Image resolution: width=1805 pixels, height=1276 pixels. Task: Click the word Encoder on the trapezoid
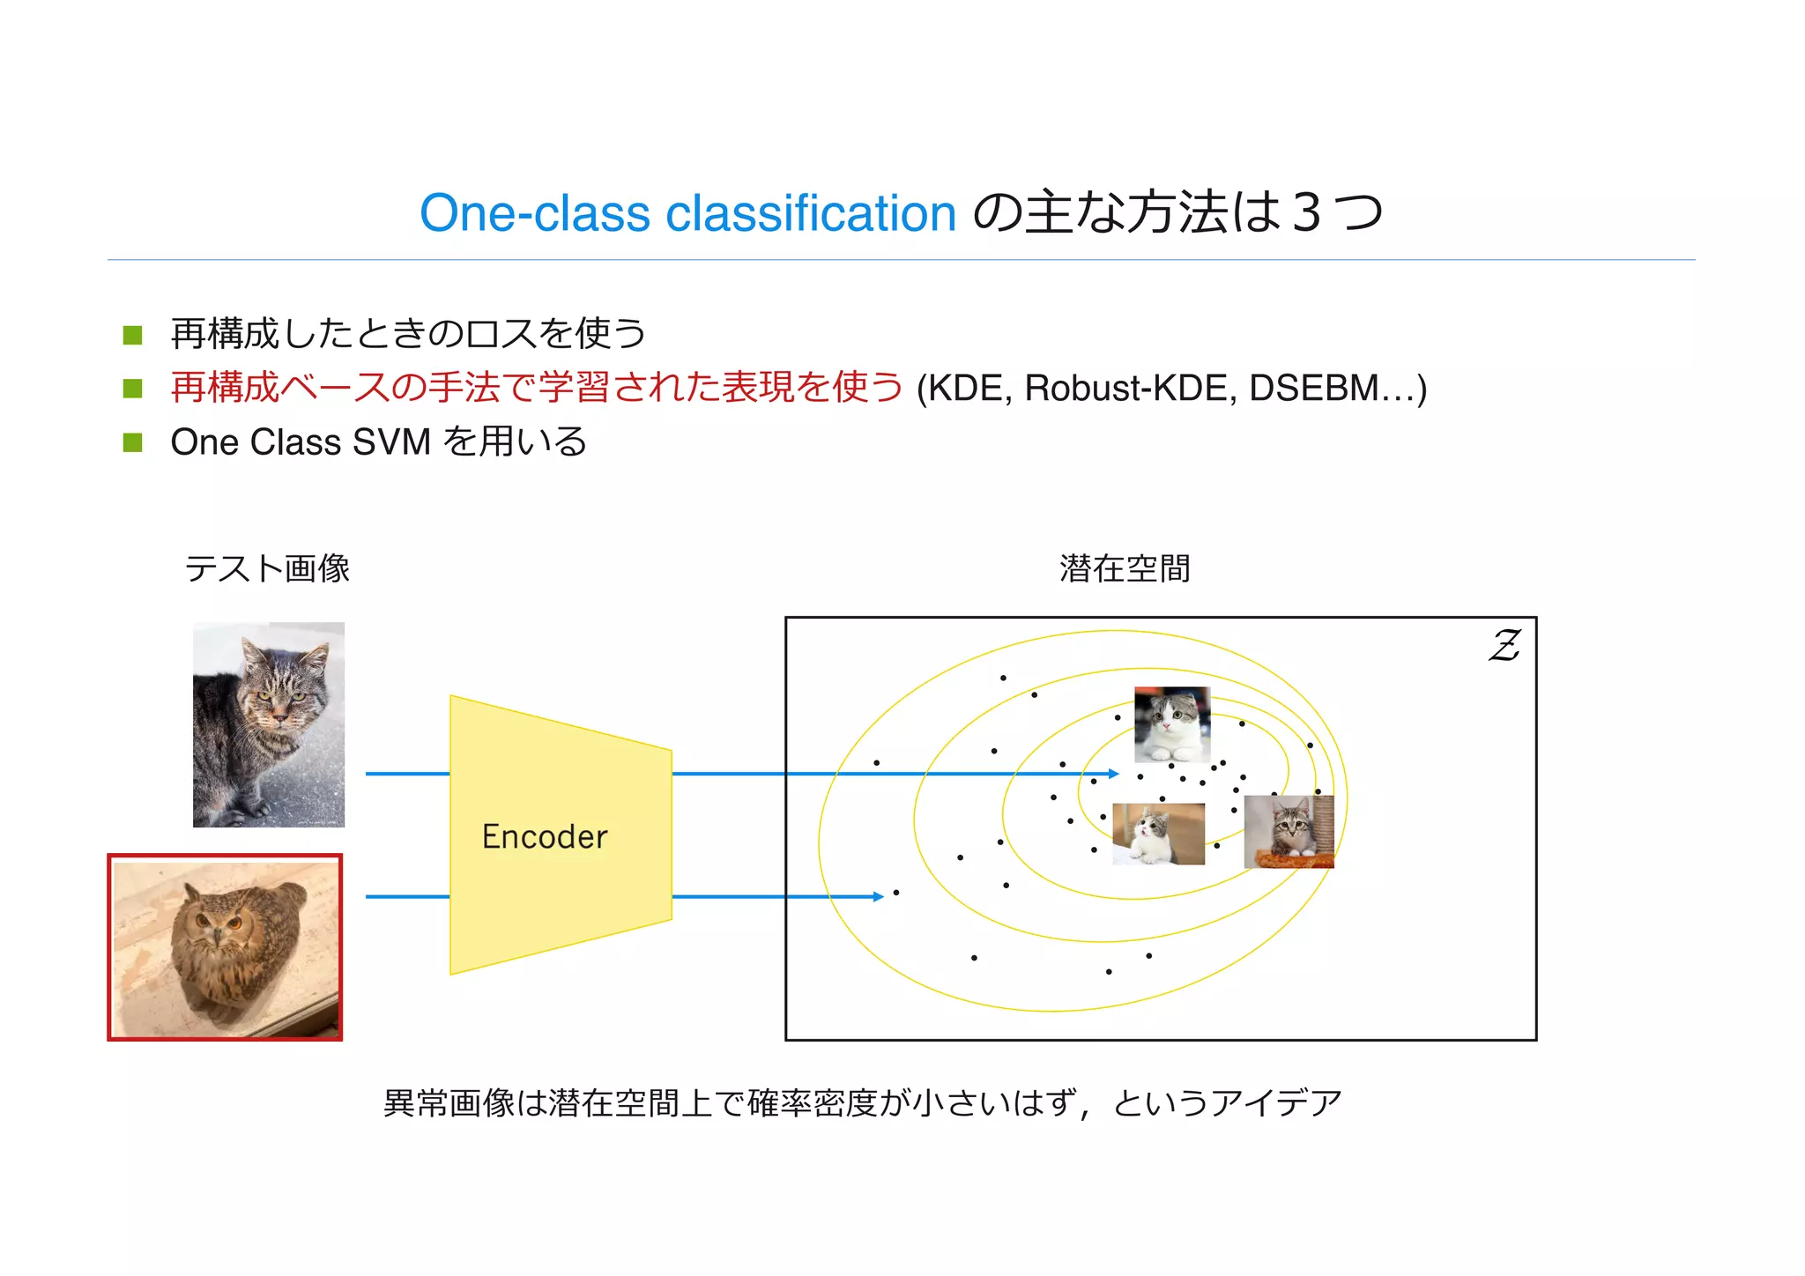tap(544, 836)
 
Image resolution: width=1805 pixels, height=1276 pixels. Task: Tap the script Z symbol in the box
tap(1504, 646)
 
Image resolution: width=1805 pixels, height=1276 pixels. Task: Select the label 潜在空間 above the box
tap(1125, 568)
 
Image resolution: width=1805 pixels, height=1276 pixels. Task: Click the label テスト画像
tap(267, 568)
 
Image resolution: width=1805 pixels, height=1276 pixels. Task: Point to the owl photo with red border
tap(225, 947)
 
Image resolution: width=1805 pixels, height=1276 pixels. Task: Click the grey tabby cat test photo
tap(269, 724)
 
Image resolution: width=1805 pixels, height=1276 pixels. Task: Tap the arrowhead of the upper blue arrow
tap(1114, 774)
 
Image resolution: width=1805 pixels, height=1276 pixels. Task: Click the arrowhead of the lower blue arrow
tap(878, 896)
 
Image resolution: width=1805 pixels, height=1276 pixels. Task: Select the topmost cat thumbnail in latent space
tap(1171, 724)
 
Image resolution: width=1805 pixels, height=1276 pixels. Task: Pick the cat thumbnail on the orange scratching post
tap(1289, 832)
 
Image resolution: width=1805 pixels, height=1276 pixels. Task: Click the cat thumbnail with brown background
tap(1158, 834)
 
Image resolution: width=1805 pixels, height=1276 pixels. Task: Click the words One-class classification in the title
tap(687, 213)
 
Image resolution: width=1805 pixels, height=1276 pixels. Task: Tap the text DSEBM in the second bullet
tap(1313, 388)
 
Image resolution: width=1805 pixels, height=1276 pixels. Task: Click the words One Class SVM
tap(301, 441)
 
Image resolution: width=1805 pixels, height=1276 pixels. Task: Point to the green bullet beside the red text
tap(133, 388)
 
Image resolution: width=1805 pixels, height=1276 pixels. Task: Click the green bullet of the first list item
tap(133, 335)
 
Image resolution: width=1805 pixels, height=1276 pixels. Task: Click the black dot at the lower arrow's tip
tap(896, 893)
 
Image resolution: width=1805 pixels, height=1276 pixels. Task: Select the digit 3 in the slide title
tap(1306, 213)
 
